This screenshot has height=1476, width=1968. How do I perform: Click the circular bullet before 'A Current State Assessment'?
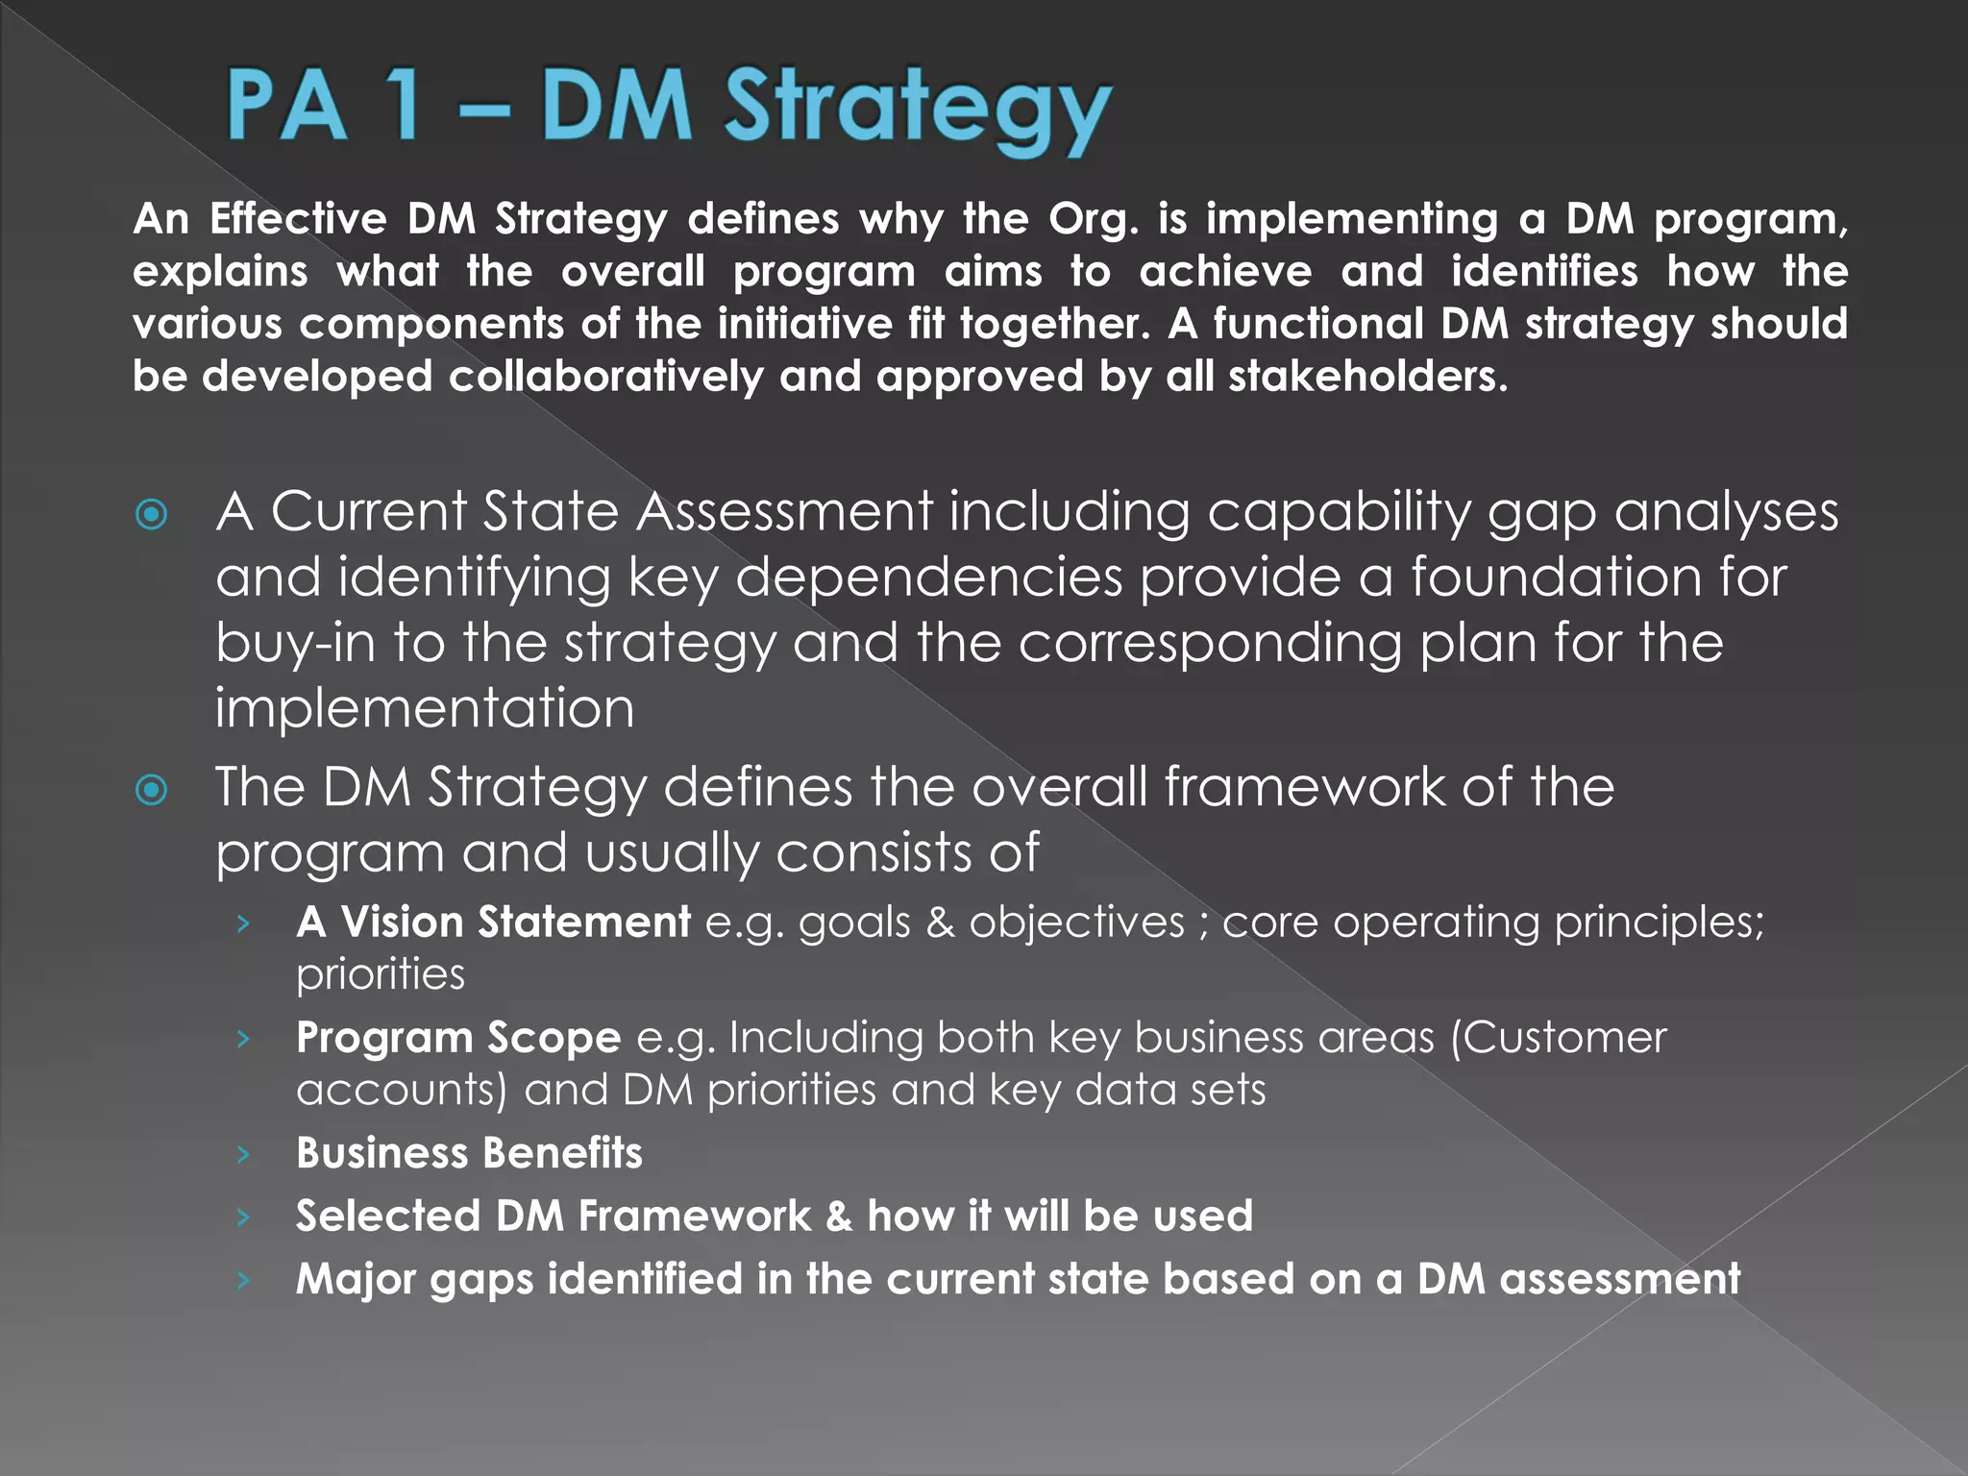click(x=152, y=515)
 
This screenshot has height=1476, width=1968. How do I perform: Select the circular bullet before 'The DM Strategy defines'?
click(x=152, y=791)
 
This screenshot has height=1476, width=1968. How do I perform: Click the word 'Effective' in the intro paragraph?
click(x=298, y=220)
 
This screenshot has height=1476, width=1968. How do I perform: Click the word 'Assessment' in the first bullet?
click(x=784, y=511)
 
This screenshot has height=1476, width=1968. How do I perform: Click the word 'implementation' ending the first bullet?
click(x=425, y=708)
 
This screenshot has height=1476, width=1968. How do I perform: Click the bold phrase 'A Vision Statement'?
click(x=493, y=922)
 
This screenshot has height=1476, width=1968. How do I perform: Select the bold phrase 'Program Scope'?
click(x=458, y=1038)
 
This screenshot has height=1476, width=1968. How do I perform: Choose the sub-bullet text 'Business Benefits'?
click(x=469, y=1153)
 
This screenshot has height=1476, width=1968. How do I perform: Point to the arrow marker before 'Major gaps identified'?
click(x=244, y=1280)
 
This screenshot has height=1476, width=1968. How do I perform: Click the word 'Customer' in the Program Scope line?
click(x=1560, y=1038)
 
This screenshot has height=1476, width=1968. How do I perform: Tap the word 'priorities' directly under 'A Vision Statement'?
click(x=381, y=975)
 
